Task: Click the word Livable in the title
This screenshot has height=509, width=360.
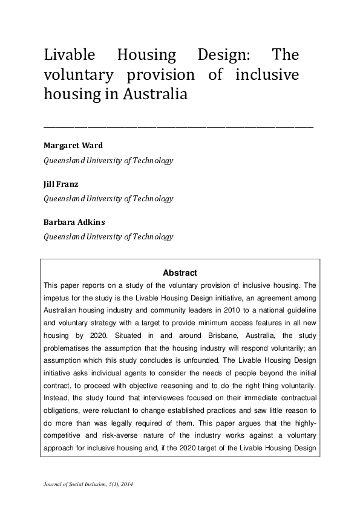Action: point(69,55)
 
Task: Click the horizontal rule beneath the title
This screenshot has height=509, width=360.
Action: point(178,128)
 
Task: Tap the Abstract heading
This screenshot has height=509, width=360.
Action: point(180,273)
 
